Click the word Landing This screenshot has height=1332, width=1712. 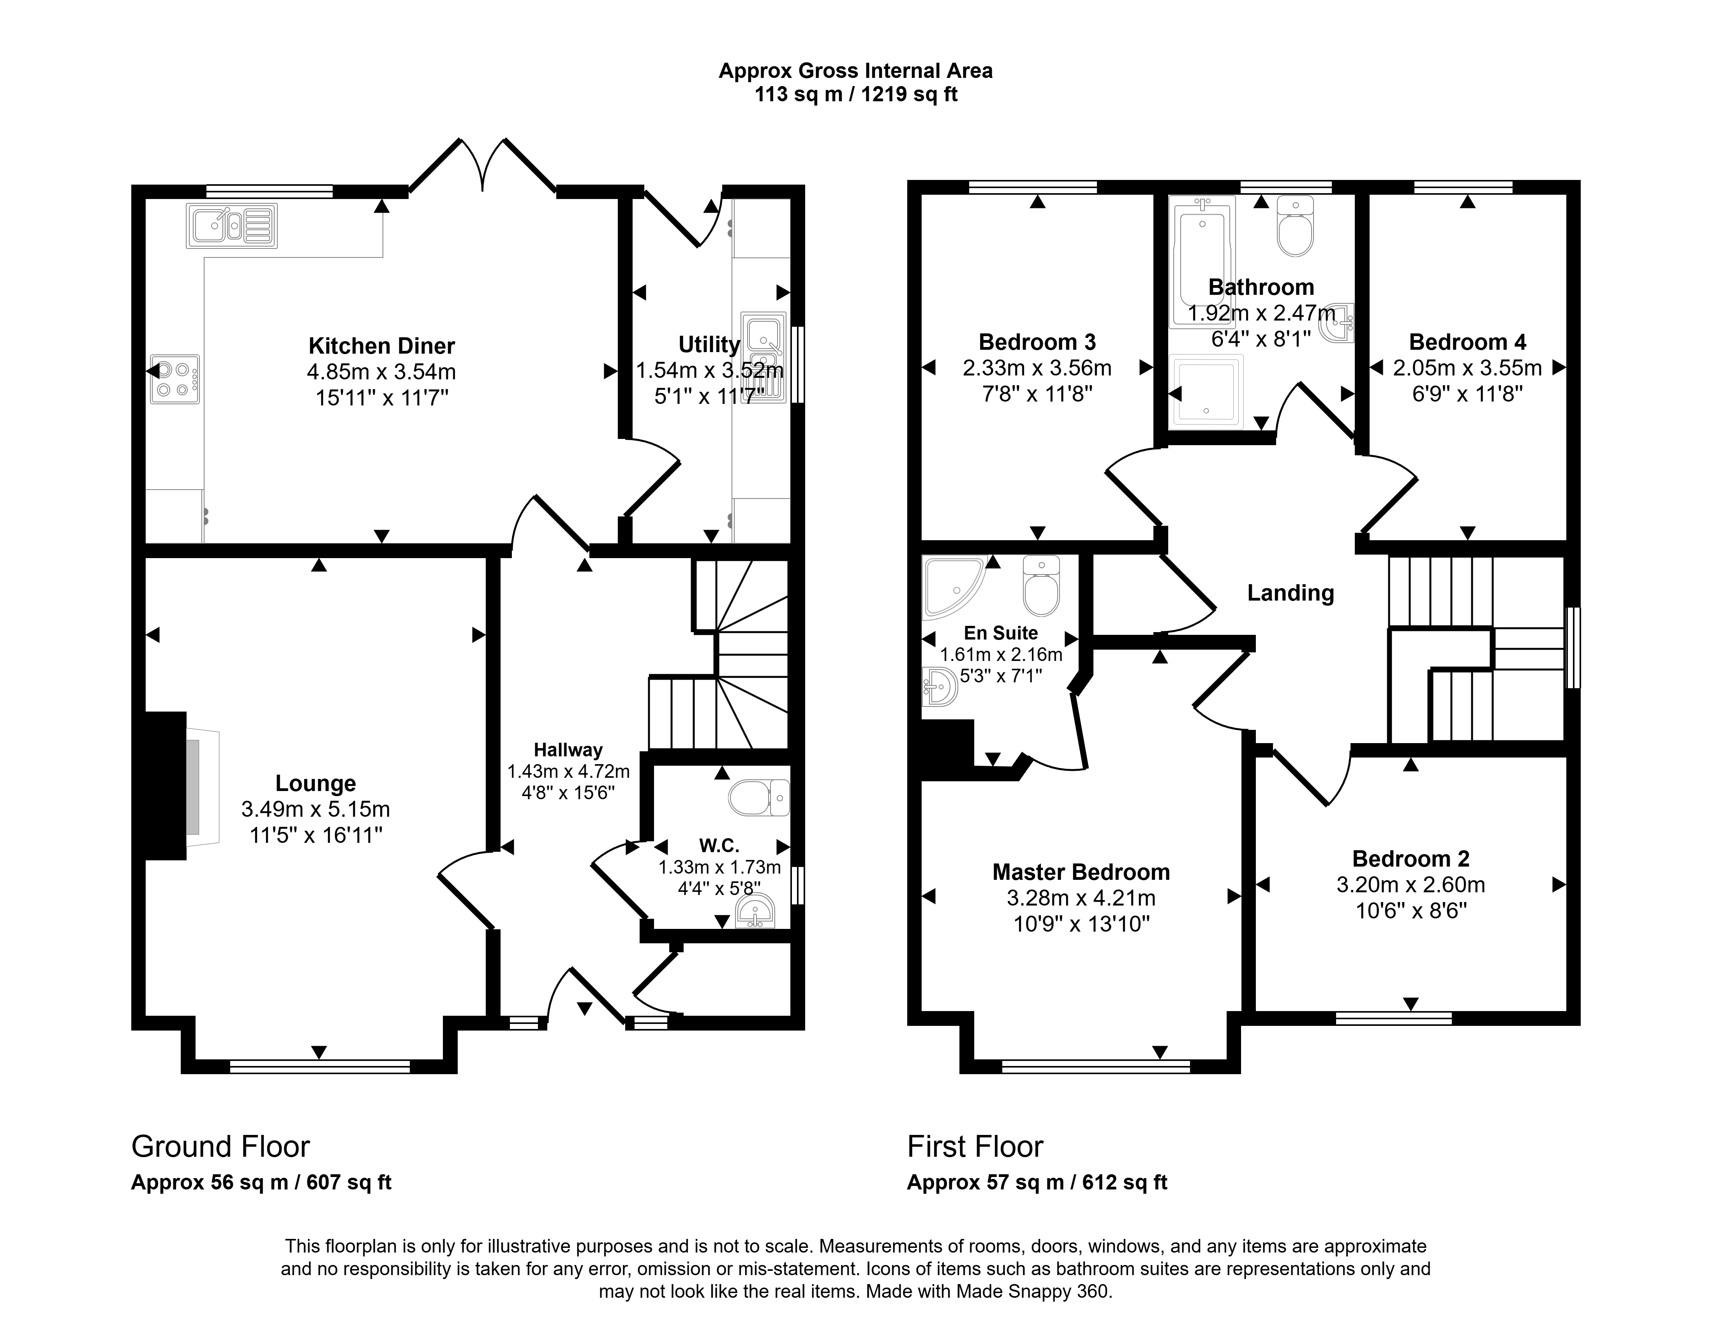pyautogui.click(x=1290, y=593)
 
